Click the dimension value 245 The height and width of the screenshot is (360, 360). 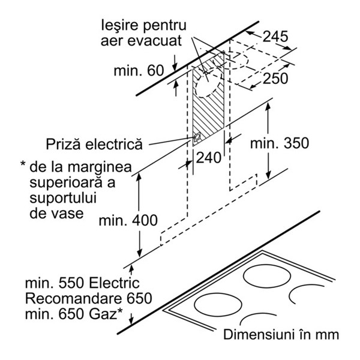point(275,36)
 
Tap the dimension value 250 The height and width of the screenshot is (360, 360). point(275,78)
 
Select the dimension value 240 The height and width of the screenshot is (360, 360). point(208,158)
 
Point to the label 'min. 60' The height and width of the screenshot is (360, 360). point(139,70)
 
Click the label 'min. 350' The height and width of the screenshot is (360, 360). point(280,143)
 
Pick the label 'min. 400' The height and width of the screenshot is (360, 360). point(128,220)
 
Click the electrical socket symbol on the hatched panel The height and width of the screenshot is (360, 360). point(197,138)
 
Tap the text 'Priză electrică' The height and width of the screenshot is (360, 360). point(94,145)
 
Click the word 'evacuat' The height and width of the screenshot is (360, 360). point(155,41)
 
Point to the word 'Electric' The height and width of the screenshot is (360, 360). point(114,283)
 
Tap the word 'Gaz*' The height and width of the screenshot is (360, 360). point(106,314)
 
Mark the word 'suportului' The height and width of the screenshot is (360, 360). point(63,198)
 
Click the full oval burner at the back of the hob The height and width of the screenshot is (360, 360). point(267,277)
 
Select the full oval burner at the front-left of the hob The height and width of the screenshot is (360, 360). point(218,304)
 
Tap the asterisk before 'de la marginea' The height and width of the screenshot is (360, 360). point(23,164)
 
